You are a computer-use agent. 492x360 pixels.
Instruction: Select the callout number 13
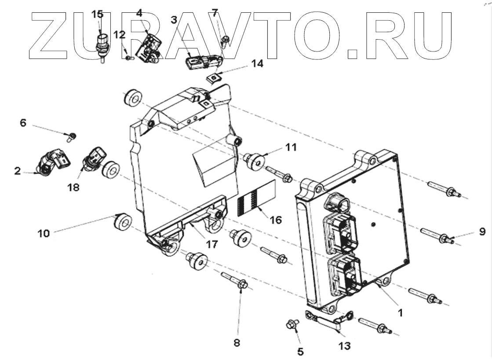(x=344, y=346)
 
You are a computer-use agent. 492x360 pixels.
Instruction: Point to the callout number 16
(x=276, y=219)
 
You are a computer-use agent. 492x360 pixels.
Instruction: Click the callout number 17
(x=212, y=244)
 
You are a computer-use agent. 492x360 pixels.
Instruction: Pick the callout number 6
(x=23, y=123)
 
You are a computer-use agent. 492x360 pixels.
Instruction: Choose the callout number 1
(x=400, y=312)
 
